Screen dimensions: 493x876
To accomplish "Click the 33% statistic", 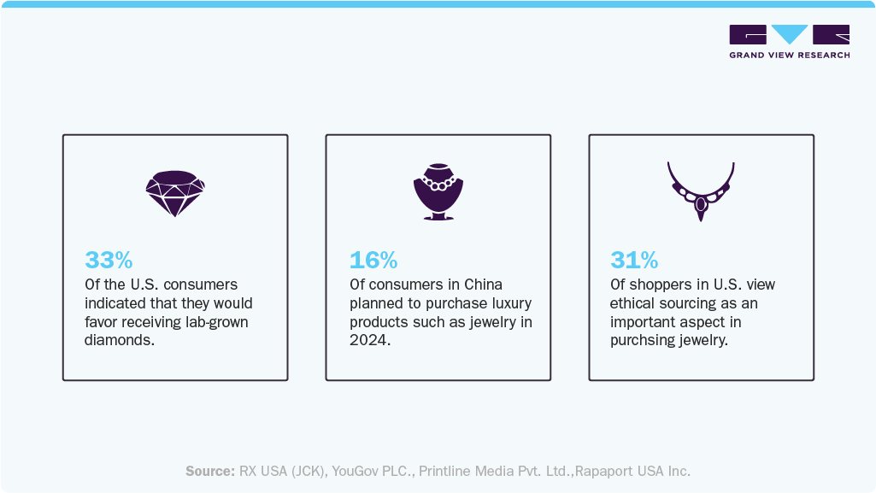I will click(x=108, y=260).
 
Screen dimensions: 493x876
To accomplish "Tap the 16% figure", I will click(x=373, y=260).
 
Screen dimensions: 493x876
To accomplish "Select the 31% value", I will click(x=633, y=260).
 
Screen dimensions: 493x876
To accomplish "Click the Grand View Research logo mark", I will click(x=789, y=35).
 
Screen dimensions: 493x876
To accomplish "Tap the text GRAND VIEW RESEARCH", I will click(x=789, y=56).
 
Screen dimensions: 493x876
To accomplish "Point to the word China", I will click(x=483, y=285).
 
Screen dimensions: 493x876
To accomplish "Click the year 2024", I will click(x=367, y=341).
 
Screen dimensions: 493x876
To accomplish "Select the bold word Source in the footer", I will click(x=209, y=471).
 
